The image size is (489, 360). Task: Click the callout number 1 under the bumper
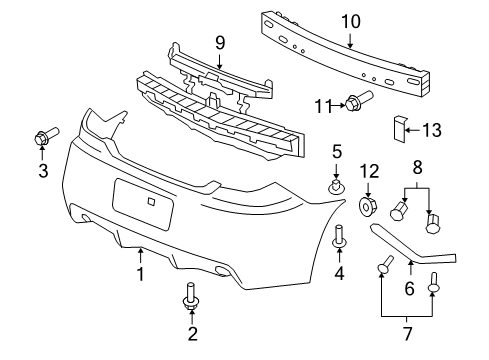click(x=141, y=273)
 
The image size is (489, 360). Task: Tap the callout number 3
click(x=43, y=170)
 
